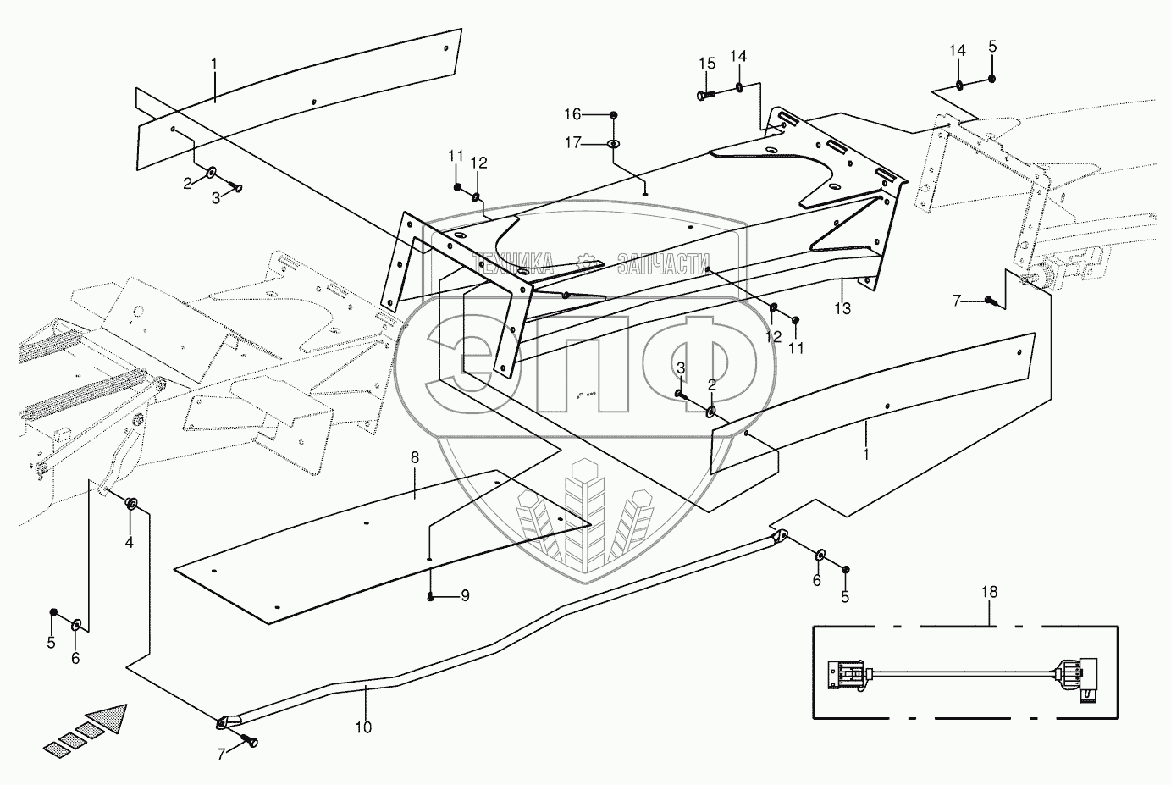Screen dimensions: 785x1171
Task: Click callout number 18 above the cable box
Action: (x=990, y=593)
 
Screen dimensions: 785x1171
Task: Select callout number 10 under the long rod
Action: (x=364, y=727)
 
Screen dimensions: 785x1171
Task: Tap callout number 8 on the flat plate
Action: (x=415, y=458)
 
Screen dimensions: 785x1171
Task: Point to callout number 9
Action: (x=465, y=596)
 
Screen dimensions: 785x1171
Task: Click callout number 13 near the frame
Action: (x=842, y=309)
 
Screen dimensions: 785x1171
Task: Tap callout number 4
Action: (x=130, y=542)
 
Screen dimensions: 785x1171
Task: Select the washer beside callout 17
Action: (x=612, y=145)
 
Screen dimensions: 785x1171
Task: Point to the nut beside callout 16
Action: (x=613, y=115)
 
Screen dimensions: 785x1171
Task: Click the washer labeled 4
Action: (x=132, y=505)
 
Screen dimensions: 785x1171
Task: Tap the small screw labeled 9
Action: (x=432, y=597)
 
